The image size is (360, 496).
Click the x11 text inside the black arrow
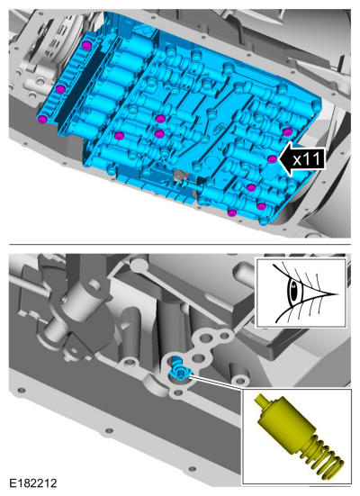306,158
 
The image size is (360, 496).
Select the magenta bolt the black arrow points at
272,159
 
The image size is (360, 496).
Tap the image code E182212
33,483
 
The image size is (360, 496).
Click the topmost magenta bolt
86,45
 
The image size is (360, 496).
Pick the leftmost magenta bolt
42,119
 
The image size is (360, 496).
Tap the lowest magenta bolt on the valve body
232,212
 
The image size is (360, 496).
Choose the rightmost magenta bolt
287,132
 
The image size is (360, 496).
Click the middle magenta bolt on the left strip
60,89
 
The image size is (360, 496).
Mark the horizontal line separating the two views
180,245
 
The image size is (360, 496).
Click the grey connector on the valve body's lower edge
180,175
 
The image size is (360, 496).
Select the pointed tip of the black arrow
279,159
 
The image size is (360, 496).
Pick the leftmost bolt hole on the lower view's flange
22,391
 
